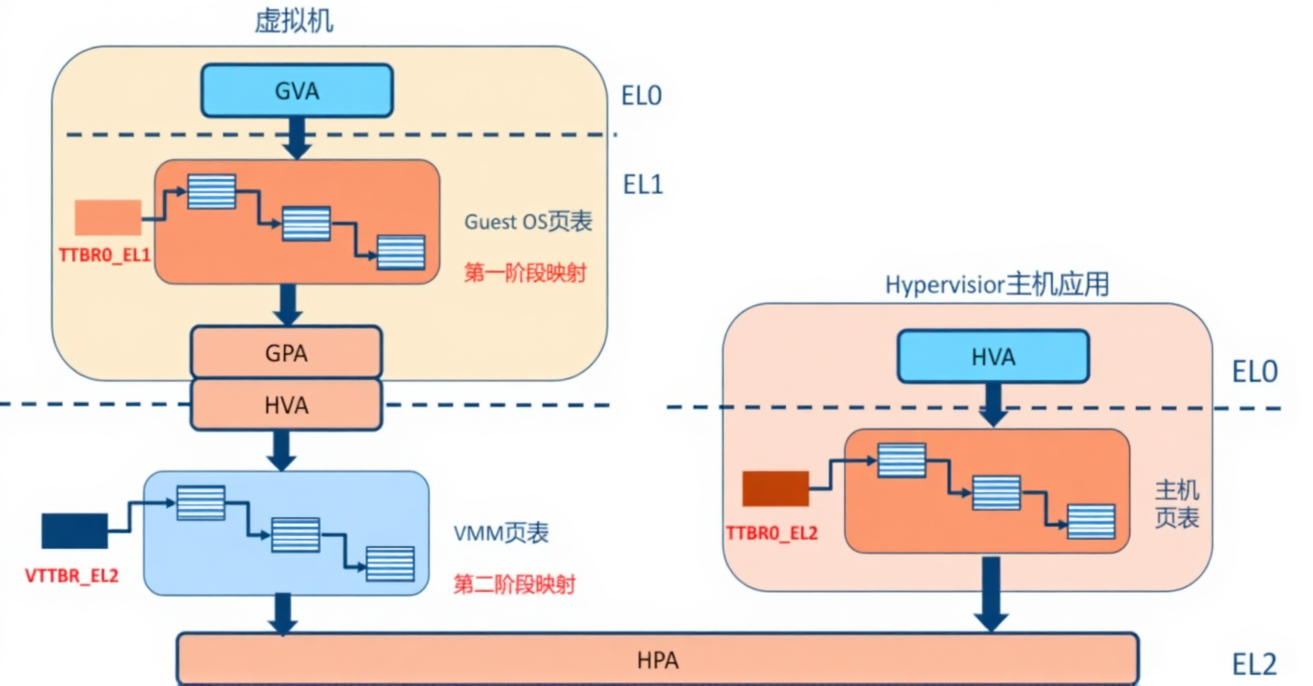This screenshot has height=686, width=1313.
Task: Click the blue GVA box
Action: point(298,91)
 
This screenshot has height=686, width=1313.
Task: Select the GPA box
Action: point(286,352)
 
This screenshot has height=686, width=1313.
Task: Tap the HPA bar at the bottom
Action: point(657,660)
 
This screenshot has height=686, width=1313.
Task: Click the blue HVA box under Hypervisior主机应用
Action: point(992,357)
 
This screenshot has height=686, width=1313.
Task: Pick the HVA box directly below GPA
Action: point(286,405)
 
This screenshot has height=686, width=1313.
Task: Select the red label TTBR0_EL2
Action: point(771,532)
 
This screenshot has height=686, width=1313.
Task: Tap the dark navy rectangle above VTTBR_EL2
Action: point(75,530)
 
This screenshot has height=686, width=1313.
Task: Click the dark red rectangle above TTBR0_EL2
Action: point(775,489)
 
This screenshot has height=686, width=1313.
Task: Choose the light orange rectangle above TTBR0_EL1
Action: point(108,217)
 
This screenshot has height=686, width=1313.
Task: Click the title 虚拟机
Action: point(294,23)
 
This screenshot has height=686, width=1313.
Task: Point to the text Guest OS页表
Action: point(528,223)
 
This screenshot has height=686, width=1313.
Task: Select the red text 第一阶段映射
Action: point(524,273)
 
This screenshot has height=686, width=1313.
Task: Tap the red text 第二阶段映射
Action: point(514,584)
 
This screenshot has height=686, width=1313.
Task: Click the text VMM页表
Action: point(501,533)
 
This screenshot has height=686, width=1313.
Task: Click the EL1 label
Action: point(642,185)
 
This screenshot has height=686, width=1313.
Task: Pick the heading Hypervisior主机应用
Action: point(997,284)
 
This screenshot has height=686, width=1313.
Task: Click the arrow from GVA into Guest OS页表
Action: point(297,138)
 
